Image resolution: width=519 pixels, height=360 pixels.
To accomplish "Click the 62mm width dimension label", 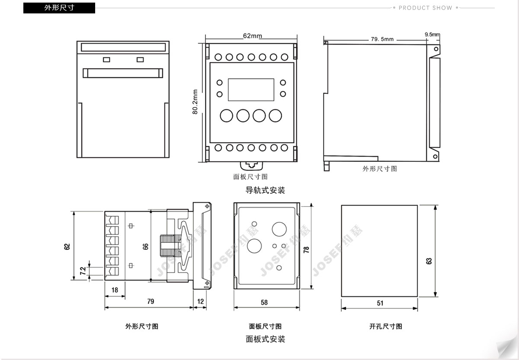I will pyautogui.click(x=252, y=36).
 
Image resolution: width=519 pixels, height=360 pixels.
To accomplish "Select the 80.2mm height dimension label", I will pyautogui.click(x=195, y=102).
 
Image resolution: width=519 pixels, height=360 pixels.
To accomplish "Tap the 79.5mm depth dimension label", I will pyautogui.click(x=382, y=39).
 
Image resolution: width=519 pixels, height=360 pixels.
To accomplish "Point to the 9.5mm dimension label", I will pyautogui.click(x=432, y=34).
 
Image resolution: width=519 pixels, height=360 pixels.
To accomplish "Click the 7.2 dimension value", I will pyautogui.click(x=83, y=271).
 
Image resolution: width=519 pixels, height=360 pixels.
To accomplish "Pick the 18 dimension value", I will pyautogui.click(x=115, y=290).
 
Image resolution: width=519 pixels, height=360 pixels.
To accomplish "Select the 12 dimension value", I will pyautogui.click(x=200, y=301).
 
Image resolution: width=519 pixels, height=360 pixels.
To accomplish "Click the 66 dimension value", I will pyautogui.click(x=146, y=246).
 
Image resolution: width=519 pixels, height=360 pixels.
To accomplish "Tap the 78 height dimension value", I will pyautogui.click(x=306, y=250).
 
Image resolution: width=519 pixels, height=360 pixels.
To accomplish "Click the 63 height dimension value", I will pyautogui.click(x=429, y=261).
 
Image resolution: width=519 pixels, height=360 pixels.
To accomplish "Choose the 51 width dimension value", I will pyautogui.click(x=380, y=303).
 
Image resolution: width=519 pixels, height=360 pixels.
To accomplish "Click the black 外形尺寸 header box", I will pyautogui.click(x=59, y=8).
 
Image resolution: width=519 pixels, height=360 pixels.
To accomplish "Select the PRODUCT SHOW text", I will pyautogui.click(x=425, y=8).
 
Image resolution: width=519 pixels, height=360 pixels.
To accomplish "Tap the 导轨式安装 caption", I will pyautogui.click(x=265, y=190).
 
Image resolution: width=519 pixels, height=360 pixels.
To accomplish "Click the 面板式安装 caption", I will pyautogui.click(x=265, y=339).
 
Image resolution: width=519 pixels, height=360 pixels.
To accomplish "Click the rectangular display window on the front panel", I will pyautogui.click(x=251, y=89).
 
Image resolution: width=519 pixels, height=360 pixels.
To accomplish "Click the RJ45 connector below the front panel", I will pyautogui.click(x=251, y=165).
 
